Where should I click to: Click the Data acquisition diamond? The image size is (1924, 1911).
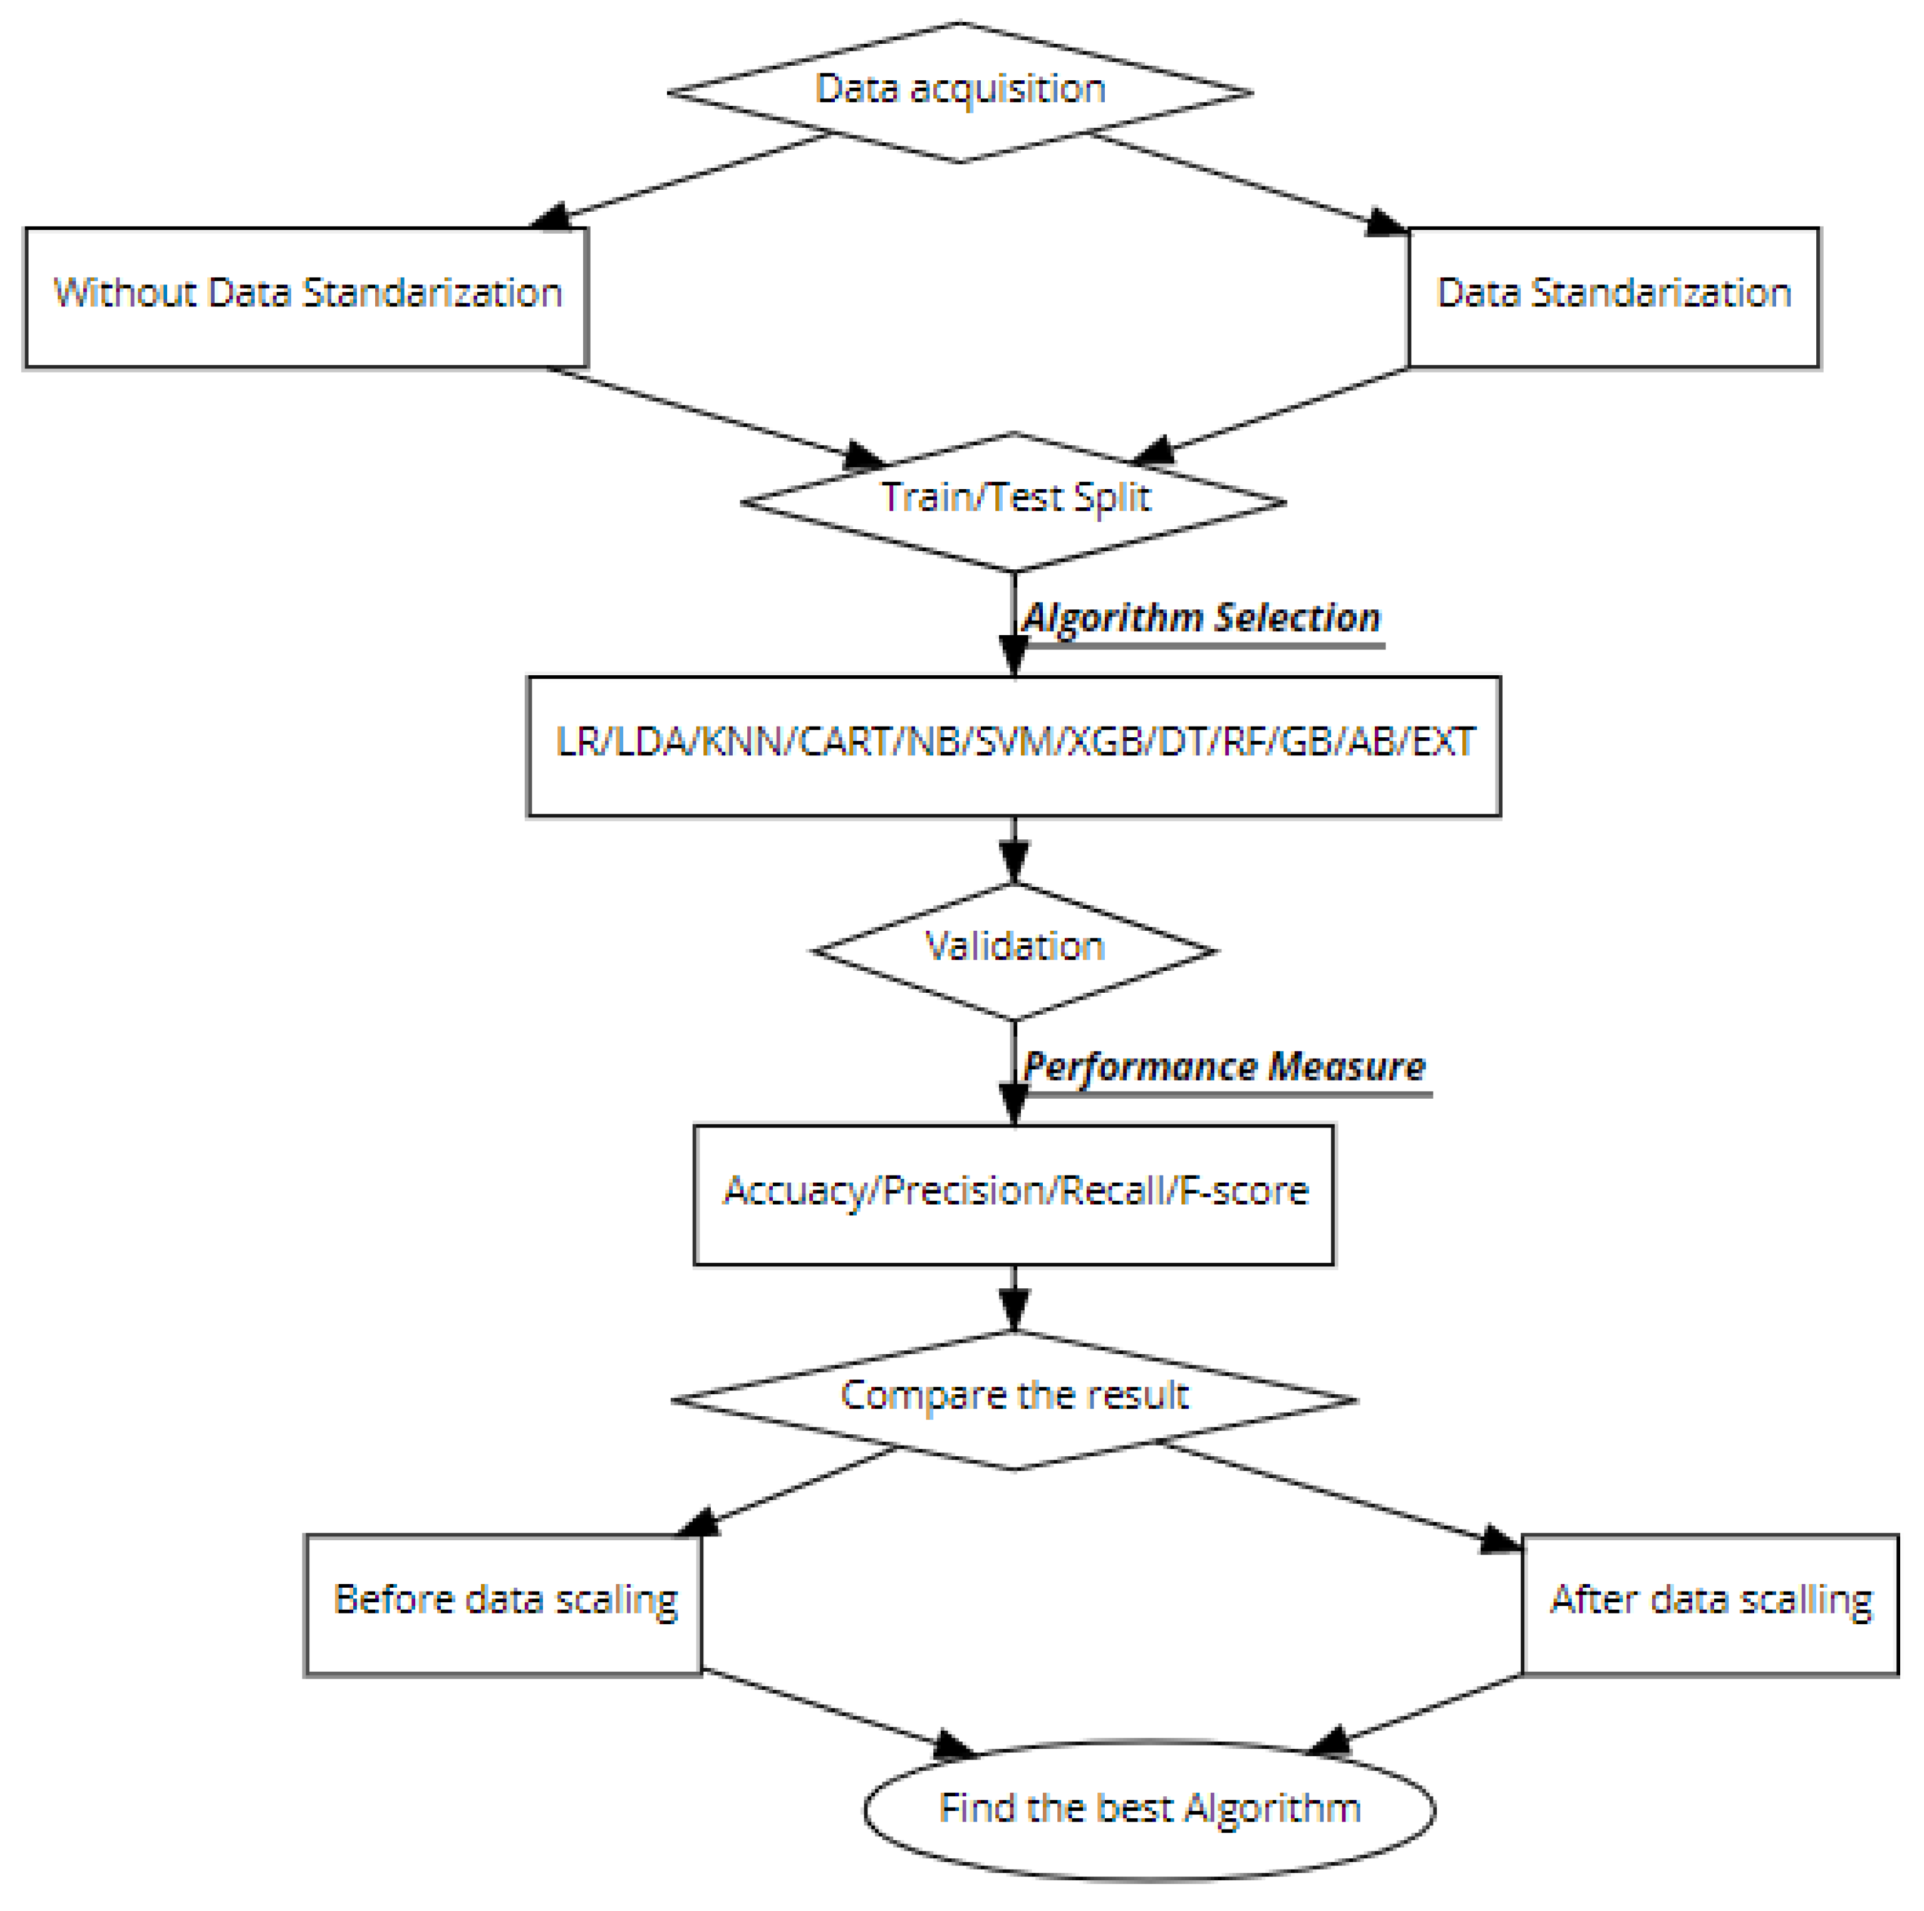click(959, 91)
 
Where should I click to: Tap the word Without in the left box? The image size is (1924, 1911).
click(125, 293)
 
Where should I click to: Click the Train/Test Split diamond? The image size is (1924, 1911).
click(1014, 501)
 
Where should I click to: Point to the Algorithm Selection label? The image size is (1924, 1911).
click(1202, 618)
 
